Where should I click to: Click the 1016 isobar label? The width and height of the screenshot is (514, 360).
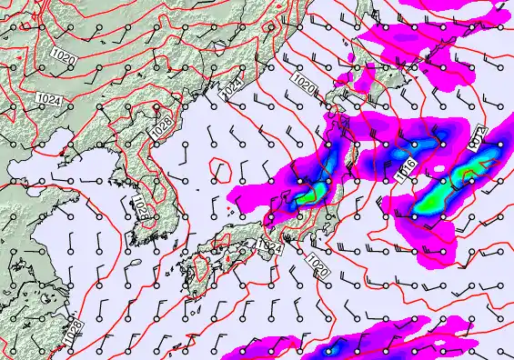(408, 166)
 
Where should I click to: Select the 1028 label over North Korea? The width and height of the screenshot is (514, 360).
(161, 130)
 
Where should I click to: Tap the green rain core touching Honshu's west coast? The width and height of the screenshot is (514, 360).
(305, 194)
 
